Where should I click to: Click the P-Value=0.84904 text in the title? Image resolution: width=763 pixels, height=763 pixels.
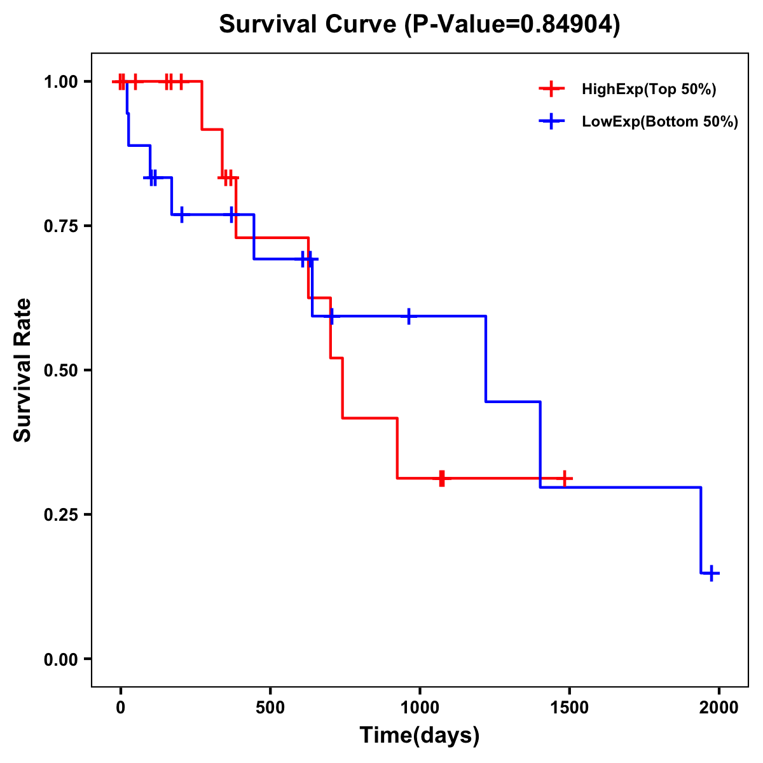514,25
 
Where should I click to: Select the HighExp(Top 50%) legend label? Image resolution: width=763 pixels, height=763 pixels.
649,90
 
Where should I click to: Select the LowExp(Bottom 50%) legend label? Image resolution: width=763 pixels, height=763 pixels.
660,122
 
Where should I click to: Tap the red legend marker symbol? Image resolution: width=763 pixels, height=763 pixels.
551,89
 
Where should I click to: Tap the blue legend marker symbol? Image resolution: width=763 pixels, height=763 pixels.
551,121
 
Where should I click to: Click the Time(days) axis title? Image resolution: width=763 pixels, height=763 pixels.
420,736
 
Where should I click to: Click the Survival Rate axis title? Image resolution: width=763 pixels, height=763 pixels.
23,370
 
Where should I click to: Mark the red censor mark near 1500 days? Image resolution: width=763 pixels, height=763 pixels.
564,478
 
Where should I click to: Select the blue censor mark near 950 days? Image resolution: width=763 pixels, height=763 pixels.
408,316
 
